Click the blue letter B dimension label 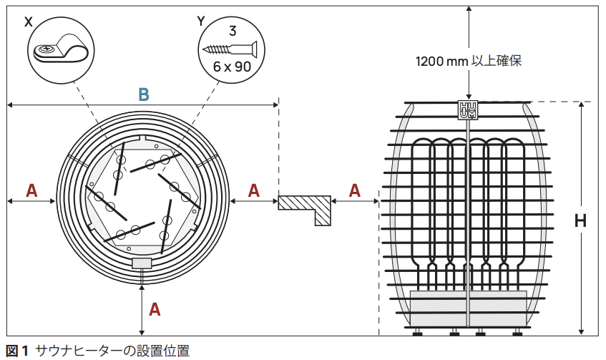144,94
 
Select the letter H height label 581,220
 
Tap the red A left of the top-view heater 31,190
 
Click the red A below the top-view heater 154,309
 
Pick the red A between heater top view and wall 254,190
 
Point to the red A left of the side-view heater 355,190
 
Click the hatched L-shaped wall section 307,208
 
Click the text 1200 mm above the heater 441,62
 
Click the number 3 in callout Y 232,31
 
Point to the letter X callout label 29,21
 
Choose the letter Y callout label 201,21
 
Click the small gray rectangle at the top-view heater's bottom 142,263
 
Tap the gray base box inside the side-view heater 468,308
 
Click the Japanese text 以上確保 497,62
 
